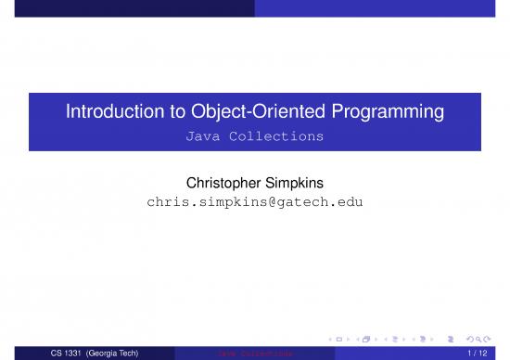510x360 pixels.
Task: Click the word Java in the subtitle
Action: [x=203, y=136]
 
